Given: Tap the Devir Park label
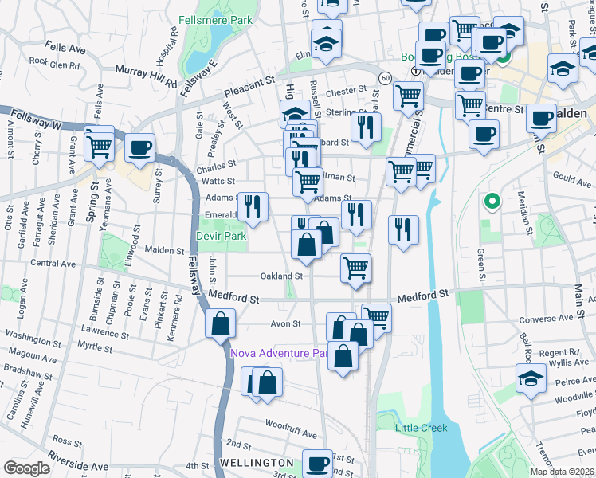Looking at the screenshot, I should point(222,237).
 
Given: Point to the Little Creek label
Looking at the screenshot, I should point(422,428).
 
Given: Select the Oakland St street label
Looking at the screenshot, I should point(282,276).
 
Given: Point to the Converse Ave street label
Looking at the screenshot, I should point(547,319).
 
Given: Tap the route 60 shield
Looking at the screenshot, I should point(384,77).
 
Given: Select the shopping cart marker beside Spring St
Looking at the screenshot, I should point(100,144).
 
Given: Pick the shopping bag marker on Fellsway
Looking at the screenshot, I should point(220,323).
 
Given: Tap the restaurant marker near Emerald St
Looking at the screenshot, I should point(253,207).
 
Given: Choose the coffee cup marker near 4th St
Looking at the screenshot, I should point(318,461).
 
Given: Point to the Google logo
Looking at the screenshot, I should point(26,468).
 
